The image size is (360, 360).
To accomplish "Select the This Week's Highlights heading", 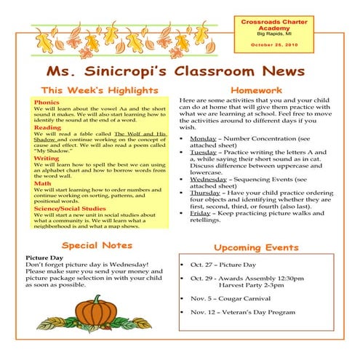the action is click(x=100, y=90).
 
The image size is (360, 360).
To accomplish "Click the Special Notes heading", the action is click(x=97, y=245).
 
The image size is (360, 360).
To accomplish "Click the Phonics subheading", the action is click(x=47, y=103).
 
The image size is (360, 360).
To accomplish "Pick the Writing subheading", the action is click(x=47, y=158).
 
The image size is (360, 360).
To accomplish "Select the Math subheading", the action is click(x=42, y=183).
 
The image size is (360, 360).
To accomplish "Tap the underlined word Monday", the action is click(x=203, y=138).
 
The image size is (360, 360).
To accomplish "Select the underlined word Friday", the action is click(x=200, y=214).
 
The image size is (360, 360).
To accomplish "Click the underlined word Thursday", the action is click(x=206, y=191).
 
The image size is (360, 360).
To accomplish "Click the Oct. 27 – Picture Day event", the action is click(x=225, y=265).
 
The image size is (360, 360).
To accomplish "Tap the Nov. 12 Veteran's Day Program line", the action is click(x=243, y=312).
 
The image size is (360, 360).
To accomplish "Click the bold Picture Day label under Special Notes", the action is click(x=43, y=257).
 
